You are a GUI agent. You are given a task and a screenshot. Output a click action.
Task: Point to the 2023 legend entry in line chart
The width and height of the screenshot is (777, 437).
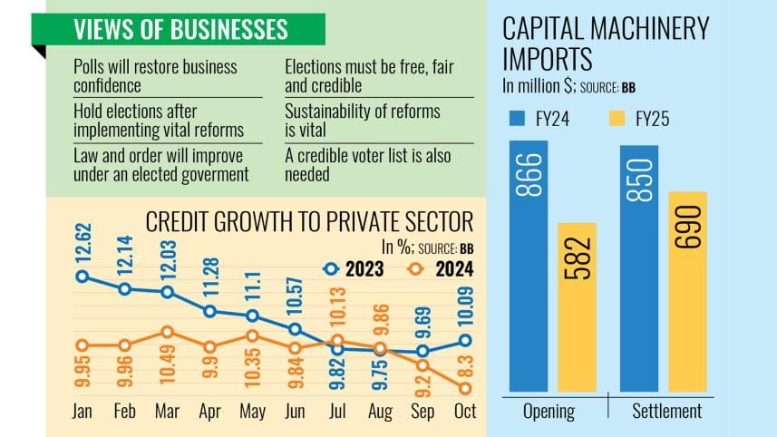pyautogui.click(x=358, y=269)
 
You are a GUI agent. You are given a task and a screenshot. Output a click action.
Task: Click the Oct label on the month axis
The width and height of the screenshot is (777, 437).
pyautogui.click(x=465, y=412)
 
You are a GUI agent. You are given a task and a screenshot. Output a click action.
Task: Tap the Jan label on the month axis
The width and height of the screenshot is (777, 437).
pyautogui.click(x=82, y=412)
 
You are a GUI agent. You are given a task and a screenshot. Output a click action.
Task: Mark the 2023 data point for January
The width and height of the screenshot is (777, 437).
pyautogui.click(x=82, y=277)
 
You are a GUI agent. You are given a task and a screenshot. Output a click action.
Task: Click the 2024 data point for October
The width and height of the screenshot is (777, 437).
pyautogui.click(x=466, y=388)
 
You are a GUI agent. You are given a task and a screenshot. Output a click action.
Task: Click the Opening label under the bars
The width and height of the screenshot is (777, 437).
pyautogui.click(x=549, y=411)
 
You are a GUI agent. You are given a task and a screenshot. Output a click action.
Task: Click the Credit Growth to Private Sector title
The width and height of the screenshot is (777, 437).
pyautogui.click(x=309, y=222)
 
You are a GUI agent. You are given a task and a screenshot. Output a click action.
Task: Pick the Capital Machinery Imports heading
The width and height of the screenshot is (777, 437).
pyautogui.click(x=605, y=43)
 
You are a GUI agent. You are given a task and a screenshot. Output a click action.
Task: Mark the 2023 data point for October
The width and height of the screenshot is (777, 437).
pyautogui.click(x=466, y=340)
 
